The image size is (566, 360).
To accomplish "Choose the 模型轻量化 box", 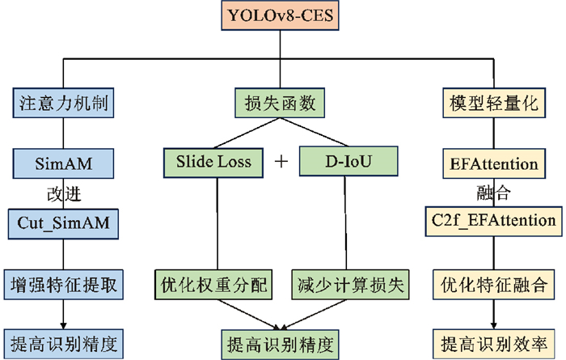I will (492, 103).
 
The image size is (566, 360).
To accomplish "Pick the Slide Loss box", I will (213, 162).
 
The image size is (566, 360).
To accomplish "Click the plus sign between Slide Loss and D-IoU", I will (281, 162).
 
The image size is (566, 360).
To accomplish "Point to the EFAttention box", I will (492, 164).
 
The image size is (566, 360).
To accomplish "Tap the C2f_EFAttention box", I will (492, 219).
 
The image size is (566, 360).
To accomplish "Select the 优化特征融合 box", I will (492, 285).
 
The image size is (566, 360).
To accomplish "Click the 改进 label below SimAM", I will (65, 193).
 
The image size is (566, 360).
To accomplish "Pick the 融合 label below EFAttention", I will (492, 193).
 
